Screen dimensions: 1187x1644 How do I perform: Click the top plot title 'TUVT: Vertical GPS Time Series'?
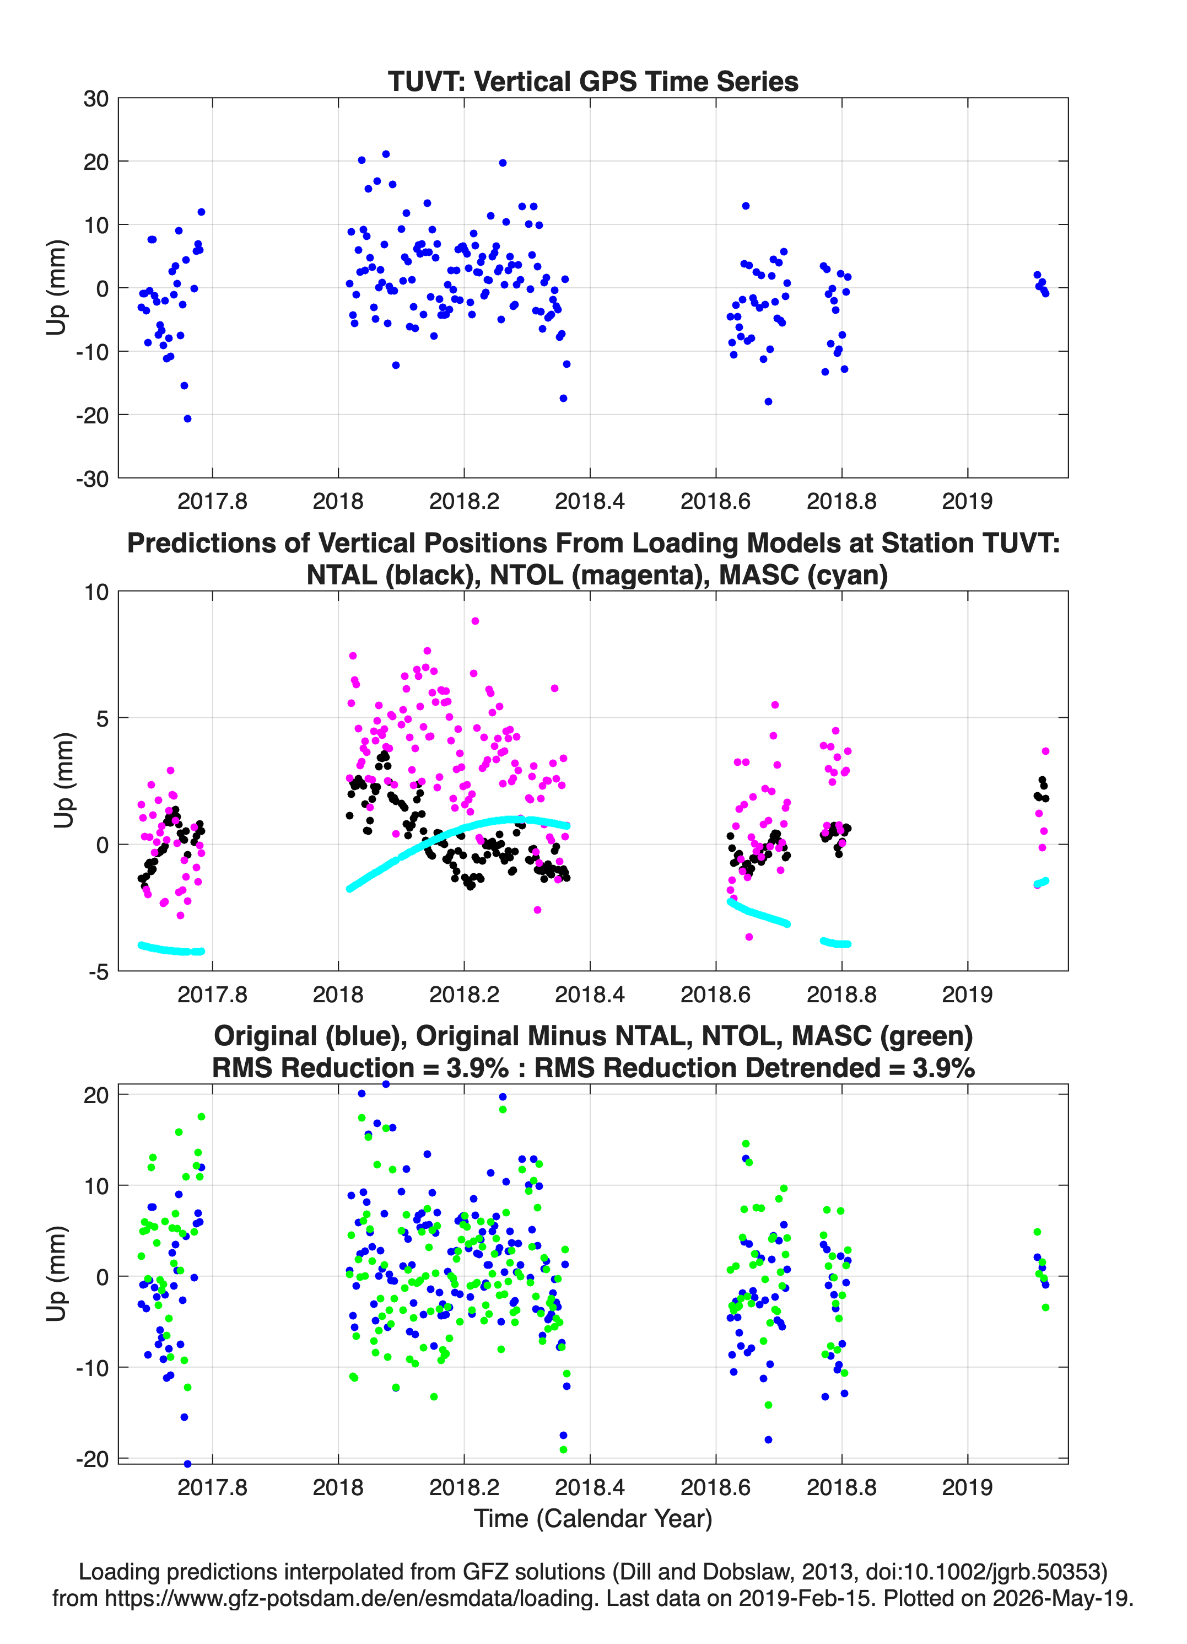pos(593,81)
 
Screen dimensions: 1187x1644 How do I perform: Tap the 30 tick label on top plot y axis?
pos(96,99)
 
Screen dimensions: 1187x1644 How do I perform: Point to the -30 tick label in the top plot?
pos(92,479)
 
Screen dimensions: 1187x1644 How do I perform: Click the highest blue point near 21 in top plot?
pos(386,154)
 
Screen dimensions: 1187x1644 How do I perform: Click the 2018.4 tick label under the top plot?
pos(590,501)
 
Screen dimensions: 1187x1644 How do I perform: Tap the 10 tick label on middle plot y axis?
pos(96,592)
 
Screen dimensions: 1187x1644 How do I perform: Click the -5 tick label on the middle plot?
pos(99,972)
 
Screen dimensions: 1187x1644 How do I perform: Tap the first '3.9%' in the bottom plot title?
pos(478,1068)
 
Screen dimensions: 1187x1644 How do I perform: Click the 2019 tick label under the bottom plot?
pos(968,1487)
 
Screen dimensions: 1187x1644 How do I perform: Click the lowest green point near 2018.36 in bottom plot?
pos(564,1450)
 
